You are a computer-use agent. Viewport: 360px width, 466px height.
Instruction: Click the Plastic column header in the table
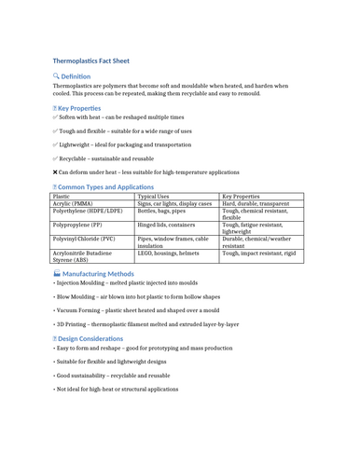[x=62, y=197]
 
